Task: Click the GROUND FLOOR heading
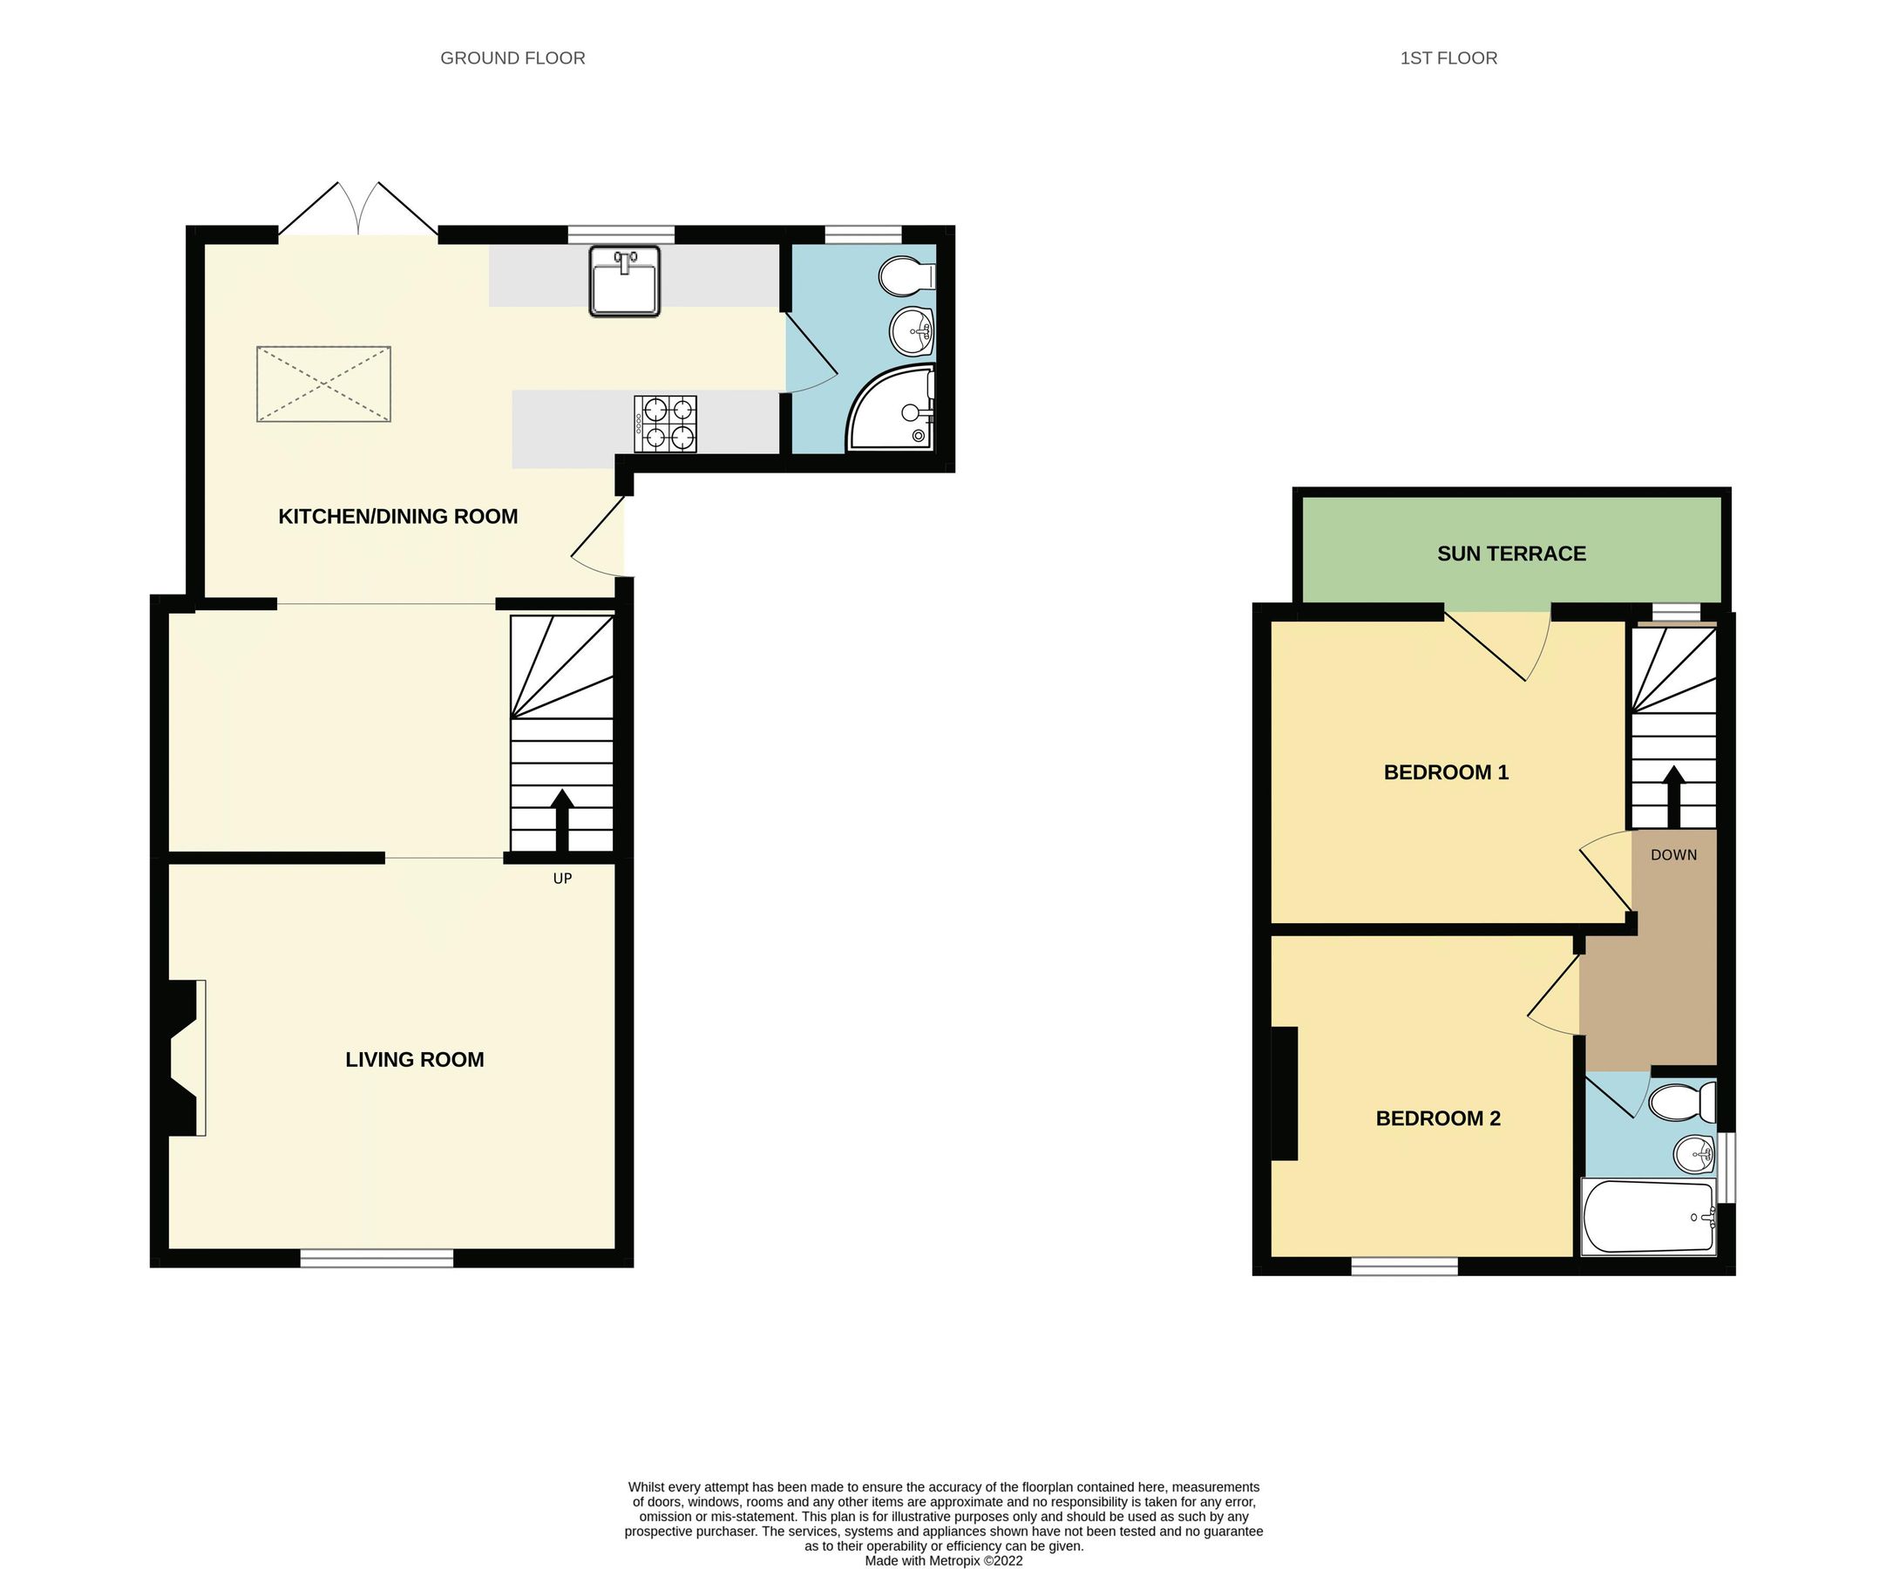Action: click(x=512, y=58)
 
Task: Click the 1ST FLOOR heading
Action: click(x=1448, y=58)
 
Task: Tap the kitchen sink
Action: click(x=624, y=281)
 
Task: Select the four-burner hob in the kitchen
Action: click(x=665, y=424)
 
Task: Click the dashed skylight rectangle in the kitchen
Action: click(x=323, y=384)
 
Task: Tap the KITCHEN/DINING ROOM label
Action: click(x=398, y=516)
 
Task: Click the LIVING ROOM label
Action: click(x=414, y=1060)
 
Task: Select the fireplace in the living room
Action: click(x=184, y=1057)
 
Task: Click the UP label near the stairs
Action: click(x=562, y=879)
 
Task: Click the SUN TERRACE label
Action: click(x=1510, y=554)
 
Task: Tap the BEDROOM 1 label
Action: click(x=1445, y=772)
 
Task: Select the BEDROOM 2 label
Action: click(x=1438, y=1118)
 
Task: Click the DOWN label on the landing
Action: click(x=1673, y=855)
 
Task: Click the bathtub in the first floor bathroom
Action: click(x=1648, y=1218)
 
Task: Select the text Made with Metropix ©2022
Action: click(x=943, y=1561)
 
